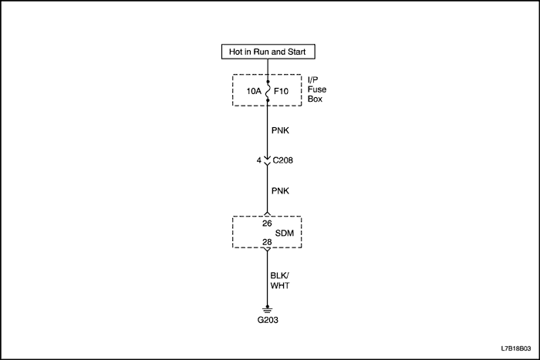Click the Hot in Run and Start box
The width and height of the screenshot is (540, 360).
(x=268, y=52)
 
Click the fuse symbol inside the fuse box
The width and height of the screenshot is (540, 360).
(x=268, y=90)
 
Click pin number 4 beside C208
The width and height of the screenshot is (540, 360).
(x=258, y=161)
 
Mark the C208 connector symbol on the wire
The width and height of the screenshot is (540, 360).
(x=268, y=162)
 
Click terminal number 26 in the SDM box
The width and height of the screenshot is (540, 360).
(x=268, y=224)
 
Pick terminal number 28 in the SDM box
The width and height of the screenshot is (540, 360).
(x=268, y=242)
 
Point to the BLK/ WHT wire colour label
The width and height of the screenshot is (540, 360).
(x=280, y=279)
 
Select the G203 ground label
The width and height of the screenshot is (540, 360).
(x=268, y=320)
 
